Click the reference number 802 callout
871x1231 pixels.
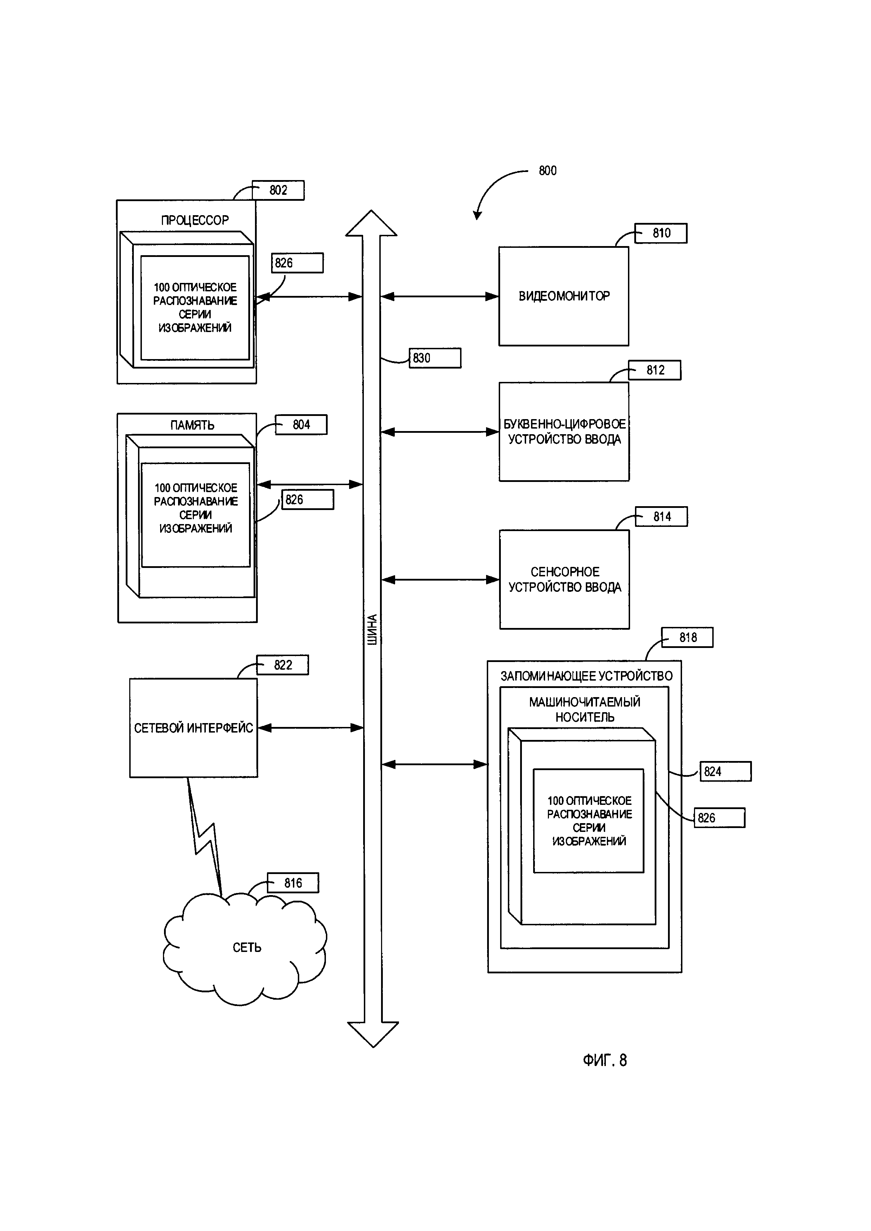(x=279, y=190)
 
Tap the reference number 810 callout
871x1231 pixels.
(x=661, y=233)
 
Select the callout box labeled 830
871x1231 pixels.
(x=434, y=358)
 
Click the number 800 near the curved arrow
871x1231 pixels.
(x=548, y=171)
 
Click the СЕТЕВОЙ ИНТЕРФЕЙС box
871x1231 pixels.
(x=193, y=728)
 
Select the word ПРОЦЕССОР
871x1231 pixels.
(x=195, y=220)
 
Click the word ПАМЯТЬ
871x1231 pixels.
(x=192, y=425)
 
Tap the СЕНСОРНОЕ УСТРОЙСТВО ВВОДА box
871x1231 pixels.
(x=564, y=579)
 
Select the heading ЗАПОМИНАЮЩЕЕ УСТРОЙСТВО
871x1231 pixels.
(x=586, y=676)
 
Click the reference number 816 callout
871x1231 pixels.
(x=293, y=883)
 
